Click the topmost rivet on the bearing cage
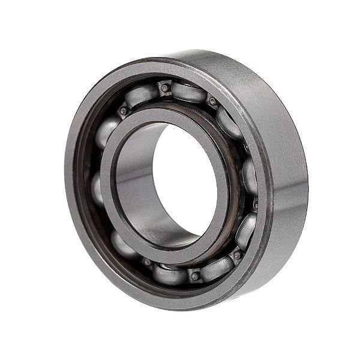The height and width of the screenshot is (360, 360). point(164,88)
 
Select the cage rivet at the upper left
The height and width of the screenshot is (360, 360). point(124,111)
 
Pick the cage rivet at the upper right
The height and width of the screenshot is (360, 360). point(212,101)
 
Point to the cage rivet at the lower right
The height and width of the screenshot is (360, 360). point(237,254)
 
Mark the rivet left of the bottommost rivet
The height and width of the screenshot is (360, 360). point(147,262)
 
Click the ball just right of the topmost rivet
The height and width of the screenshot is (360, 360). point(188,92)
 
